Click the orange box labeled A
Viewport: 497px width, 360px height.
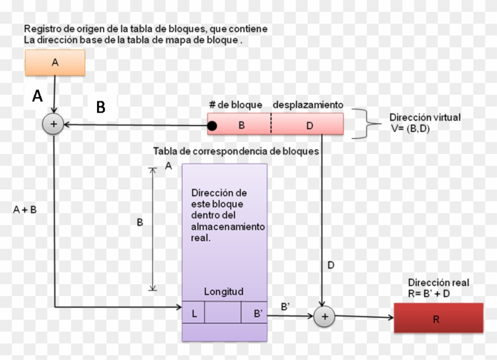(55, 62)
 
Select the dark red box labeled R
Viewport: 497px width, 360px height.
(436, 319)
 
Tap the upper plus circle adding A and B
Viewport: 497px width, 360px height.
(54, 125)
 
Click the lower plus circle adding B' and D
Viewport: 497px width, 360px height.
(324, 317)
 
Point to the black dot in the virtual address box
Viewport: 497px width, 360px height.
(212, 126)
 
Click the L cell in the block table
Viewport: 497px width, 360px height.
(193, 314)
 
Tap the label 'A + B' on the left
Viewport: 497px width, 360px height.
(24, 209)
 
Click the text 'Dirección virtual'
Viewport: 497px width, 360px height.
(425, 117)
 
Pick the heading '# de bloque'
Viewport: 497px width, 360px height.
(235, 105)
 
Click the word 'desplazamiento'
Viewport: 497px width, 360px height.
(308, 105)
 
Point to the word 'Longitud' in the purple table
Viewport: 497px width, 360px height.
(224, 292)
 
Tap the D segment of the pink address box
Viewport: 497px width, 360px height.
(309, 126)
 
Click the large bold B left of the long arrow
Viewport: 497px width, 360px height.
(101, 107)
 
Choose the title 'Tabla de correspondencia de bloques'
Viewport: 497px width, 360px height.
(236, 152)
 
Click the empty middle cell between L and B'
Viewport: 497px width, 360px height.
(223, 314)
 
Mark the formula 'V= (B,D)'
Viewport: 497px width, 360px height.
(409, 128)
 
